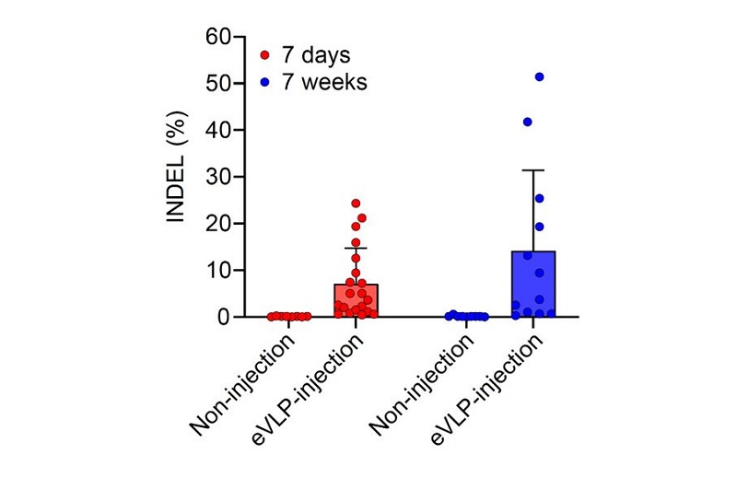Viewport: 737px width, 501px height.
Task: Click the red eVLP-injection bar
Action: [356, 300]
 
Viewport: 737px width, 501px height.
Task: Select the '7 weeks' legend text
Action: [324, 82]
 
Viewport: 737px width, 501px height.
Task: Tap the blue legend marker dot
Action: [265, 83]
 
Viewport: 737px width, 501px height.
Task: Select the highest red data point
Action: [356, 203]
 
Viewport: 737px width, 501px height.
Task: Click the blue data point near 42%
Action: [528, 122]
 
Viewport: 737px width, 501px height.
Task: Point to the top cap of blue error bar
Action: [533, 170]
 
